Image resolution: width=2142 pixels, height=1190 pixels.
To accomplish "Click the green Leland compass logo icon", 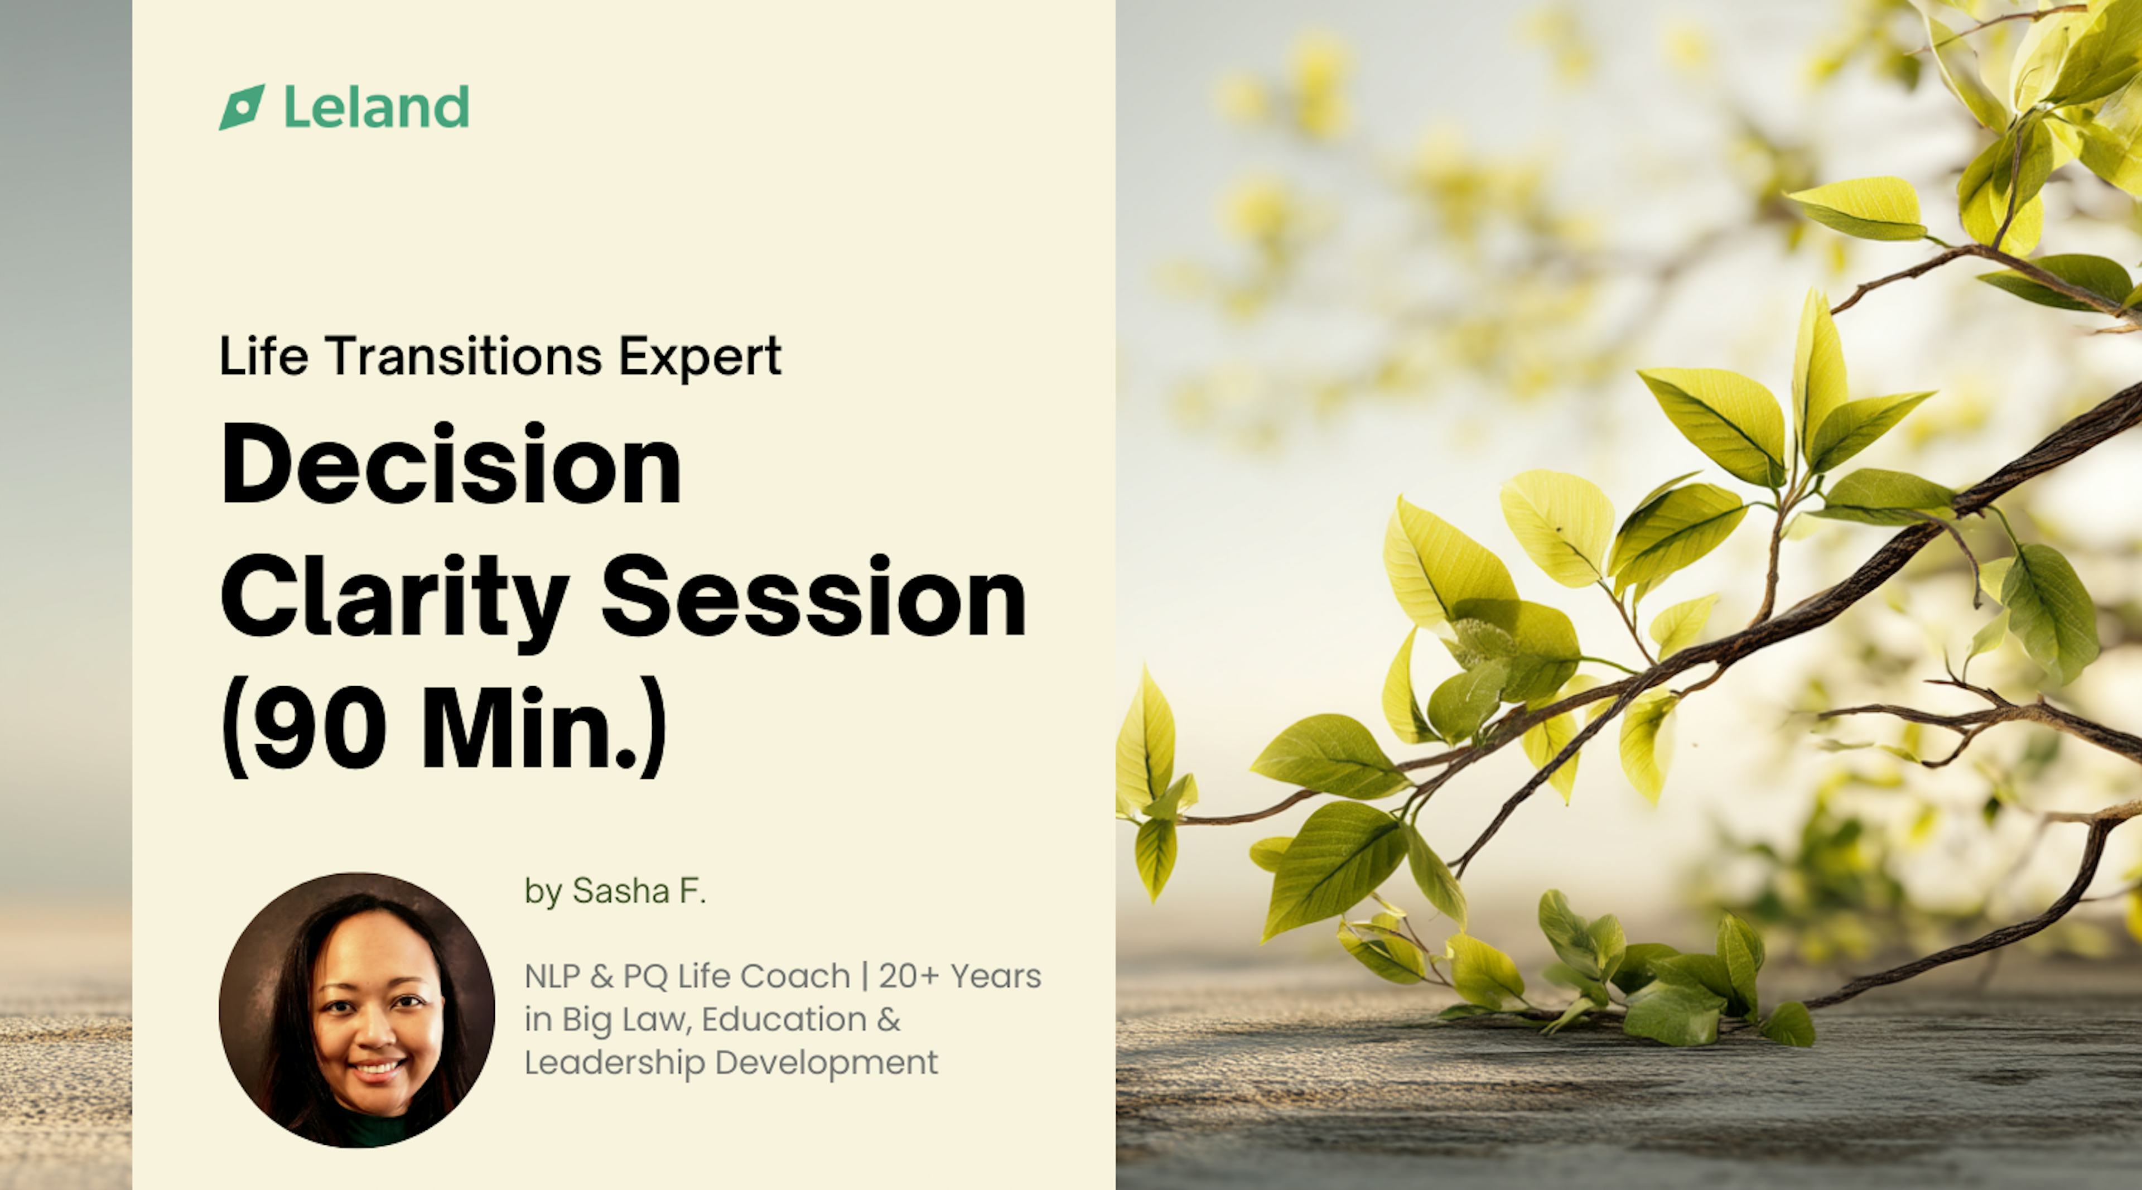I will (241, 107).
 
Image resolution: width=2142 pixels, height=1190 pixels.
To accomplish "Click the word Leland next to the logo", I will (377, 107).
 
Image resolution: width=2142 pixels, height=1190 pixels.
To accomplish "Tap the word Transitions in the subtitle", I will (463, 356).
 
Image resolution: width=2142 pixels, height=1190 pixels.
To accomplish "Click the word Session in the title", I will (813, 597).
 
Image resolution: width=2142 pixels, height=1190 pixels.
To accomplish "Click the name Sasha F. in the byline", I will (639, 892).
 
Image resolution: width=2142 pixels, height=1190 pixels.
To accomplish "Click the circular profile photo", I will (357, 1010).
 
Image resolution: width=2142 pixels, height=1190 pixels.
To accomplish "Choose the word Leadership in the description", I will (615, 1063).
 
